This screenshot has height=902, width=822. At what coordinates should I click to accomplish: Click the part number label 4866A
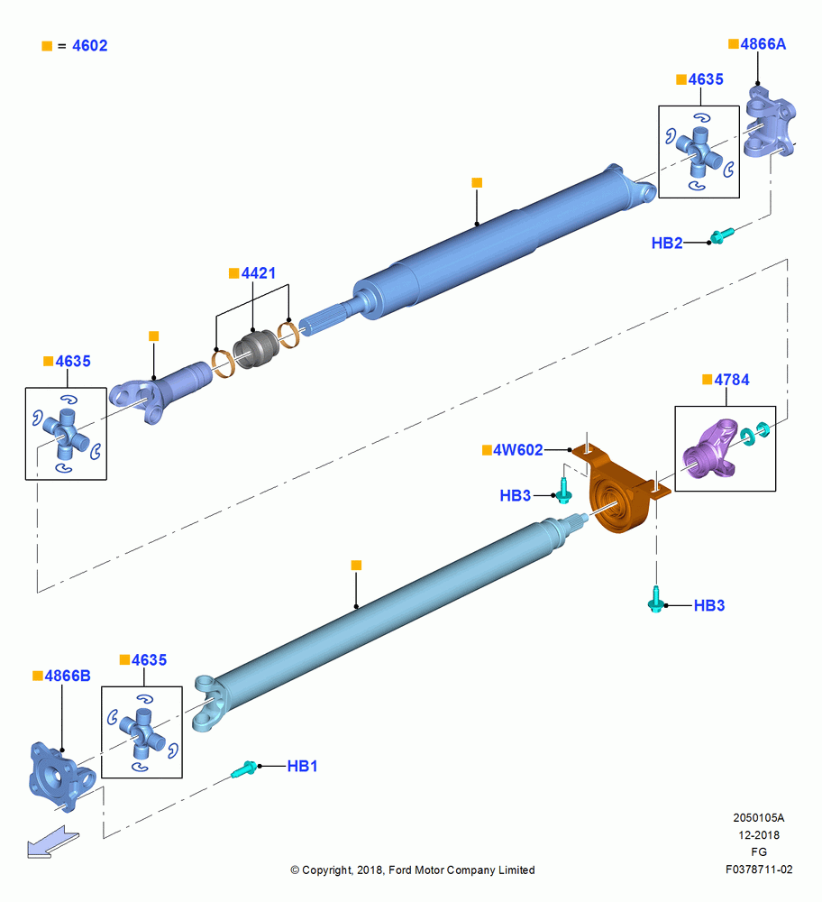coord(763,44)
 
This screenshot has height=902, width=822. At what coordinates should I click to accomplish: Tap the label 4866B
coord(68,676)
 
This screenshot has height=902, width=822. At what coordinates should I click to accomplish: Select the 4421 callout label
coord(258,272)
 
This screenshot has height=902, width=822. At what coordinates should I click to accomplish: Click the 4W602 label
coord(518,450)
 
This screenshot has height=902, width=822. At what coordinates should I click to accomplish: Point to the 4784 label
coord(732,380)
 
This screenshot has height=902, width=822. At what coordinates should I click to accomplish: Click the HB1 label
coord(302,766)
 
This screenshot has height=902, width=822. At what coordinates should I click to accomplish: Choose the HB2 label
coord(667,243)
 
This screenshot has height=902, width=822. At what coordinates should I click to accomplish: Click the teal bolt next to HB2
coord(722,235)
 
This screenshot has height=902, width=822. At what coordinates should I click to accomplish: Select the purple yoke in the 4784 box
coord(710,448)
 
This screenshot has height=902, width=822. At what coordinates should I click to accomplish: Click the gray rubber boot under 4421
coord(256,348)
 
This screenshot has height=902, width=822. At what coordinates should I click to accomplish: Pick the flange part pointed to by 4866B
coord(61,777)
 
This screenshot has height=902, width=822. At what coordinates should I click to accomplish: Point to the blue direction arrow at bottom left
coord(53,843)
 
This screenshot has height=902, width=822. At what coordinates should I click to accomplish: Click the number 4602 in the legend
coord(89,45)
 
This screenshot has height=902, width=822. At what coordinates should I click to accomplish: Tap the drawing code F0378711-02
coord(759,870)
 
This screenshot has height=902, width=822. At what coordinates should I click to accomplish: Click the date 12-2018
coord(759,834)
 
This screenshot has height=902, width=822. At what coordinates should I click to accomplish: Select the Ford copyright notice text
coord(413,870)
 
